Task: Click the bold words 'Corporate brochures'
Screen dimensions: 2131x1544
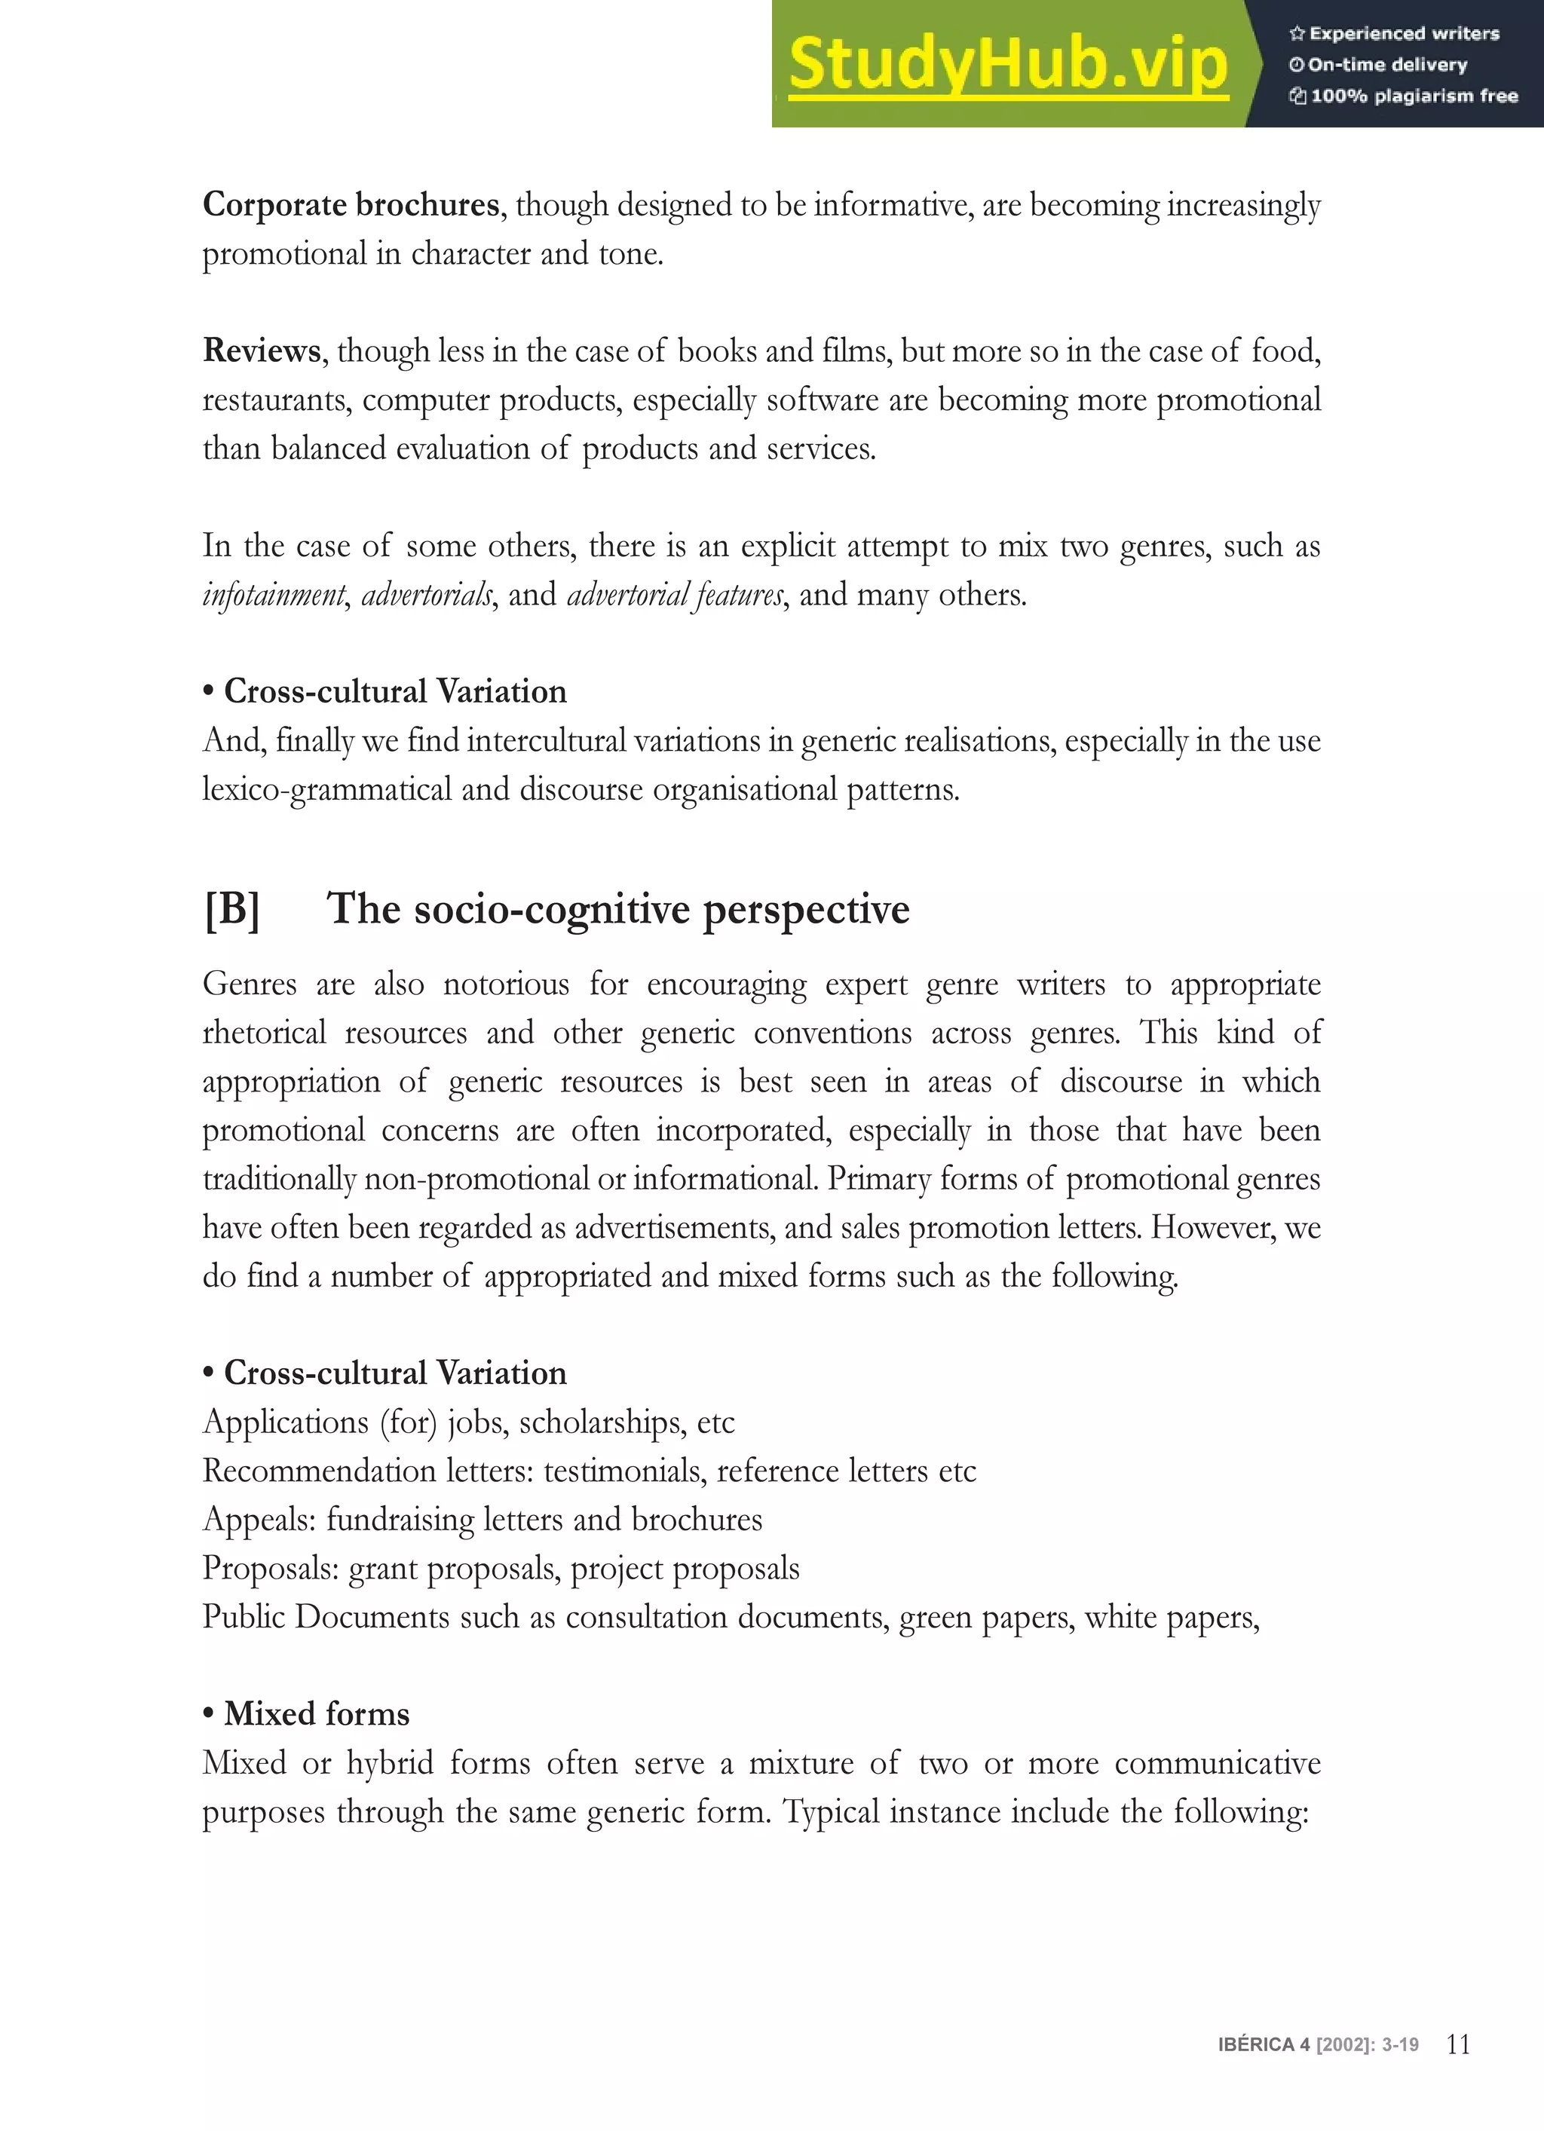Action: (x=351, y=205)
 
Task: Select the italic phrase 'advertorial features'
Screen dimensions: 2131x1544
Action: (x=675, y=595)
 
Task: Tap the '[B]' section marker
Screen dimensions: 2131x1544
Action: (x=231, y=910)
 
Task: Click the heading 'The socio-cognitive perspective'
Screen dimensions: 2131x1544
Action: (x=617, y=910)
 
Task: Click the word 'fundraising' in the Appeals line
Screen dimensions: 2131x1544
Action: (x=400, y=1520)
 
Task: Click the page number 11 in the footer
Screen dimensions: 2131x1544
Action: (x=1459, y=2044)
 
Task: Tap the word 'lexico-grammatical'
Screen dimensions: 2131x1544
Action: (x=327, y=789)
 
